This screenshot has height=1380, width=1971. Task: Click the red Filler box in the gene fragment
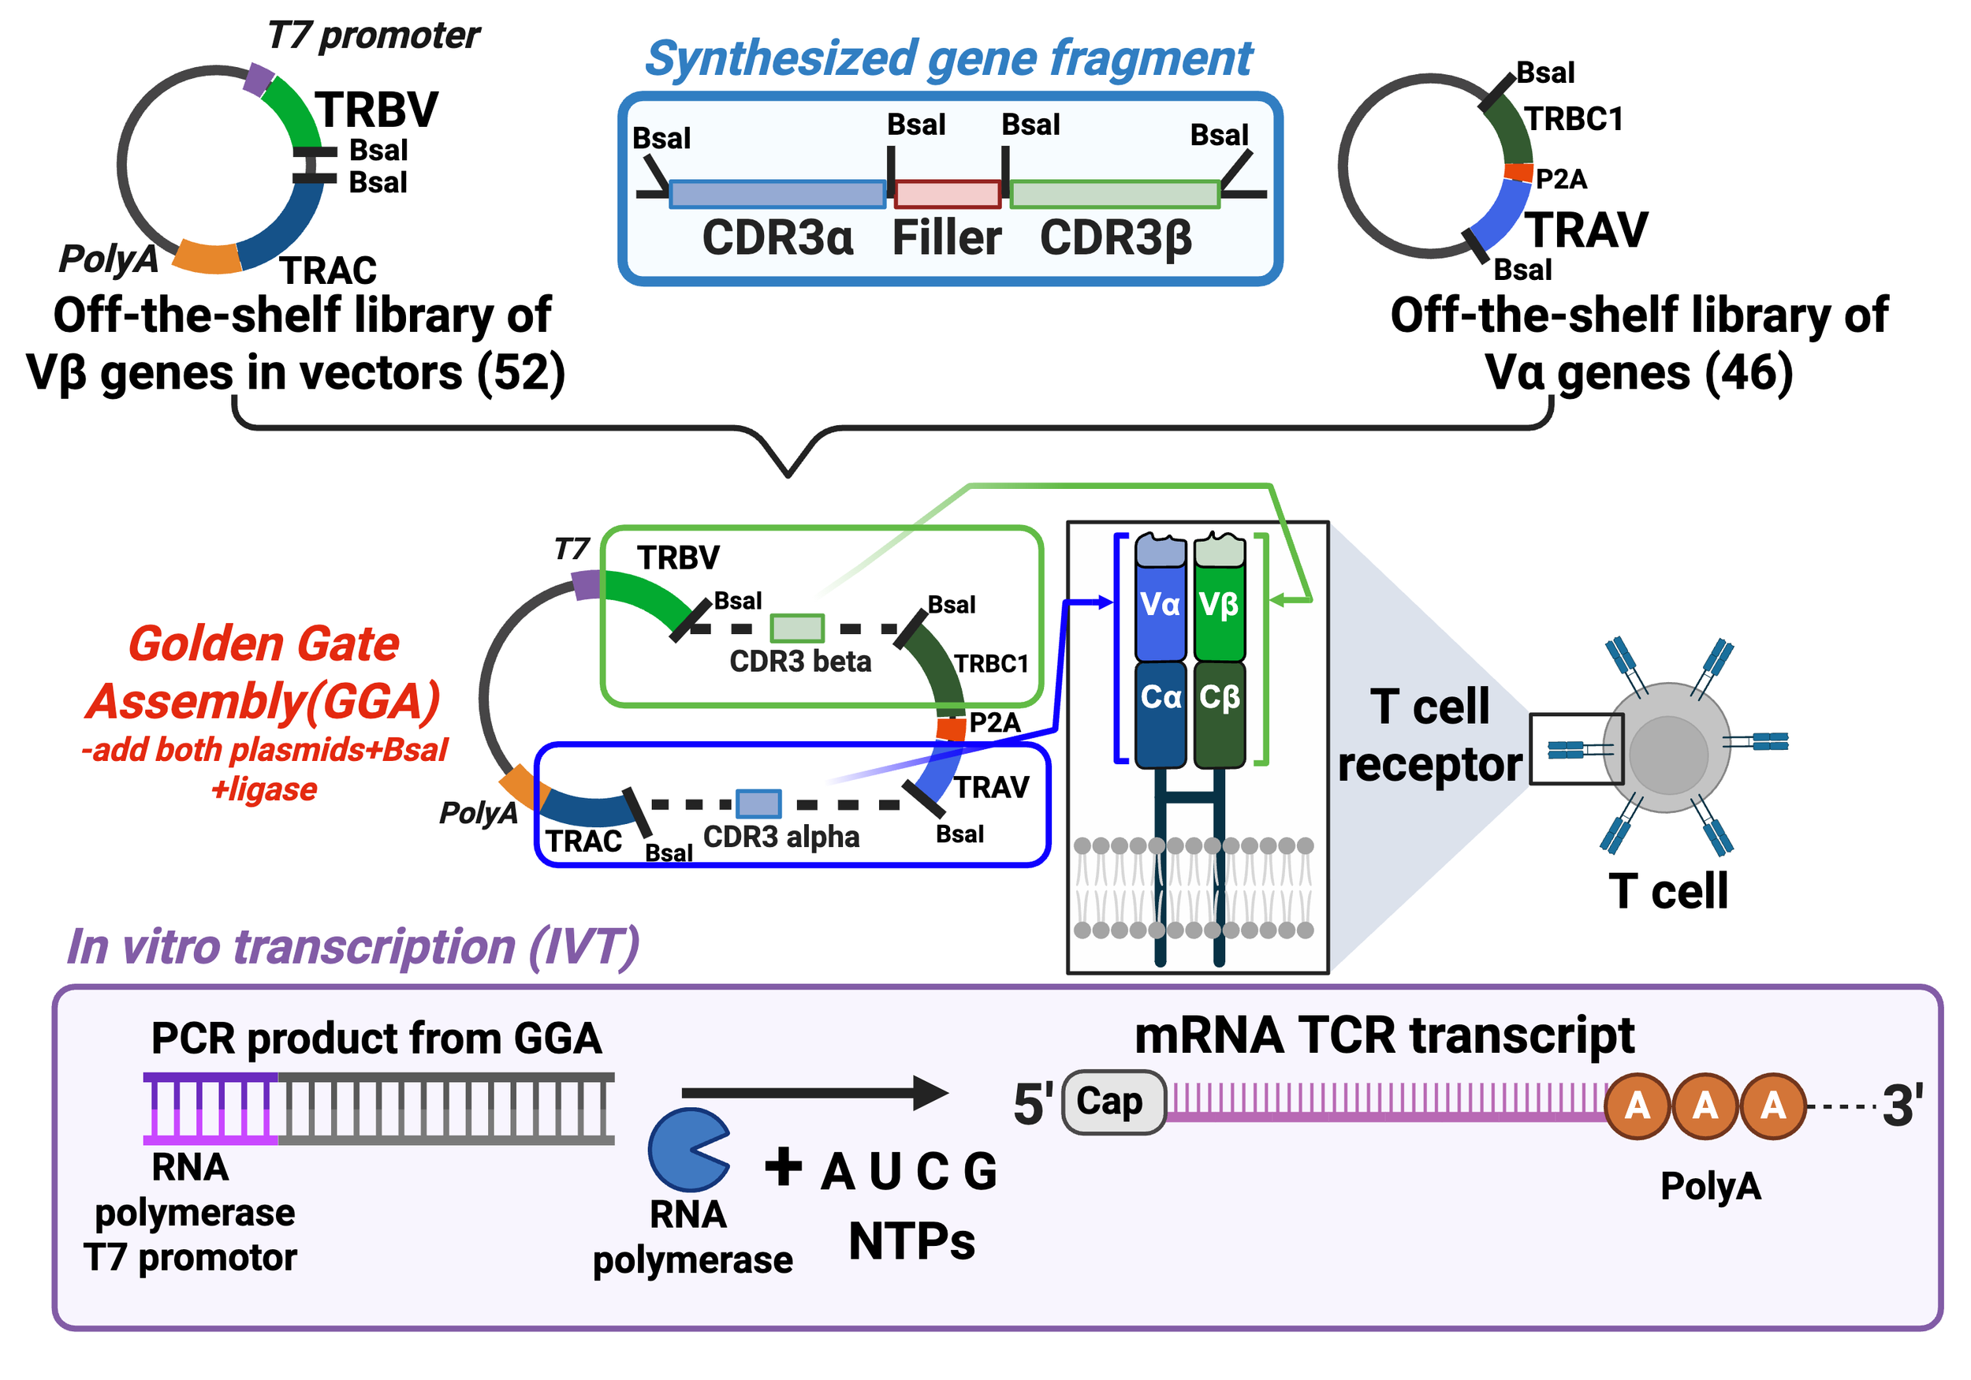pyautogui.click(x=947, y=194)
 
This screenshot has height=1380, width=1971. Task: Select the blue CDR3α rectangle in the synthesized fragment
pyautogui.click(x=777, y=194)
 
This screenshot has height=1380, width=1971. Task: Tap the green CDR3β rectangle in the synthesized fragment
pyautogui.click(x=1114, y=194)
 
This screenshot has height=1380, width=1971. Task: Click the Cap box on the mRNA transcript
pyautogui.click(x=1112, y=1102)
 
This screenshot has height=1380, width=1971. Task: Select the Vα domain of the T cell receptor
pyautogui.click(x=1160, y=606)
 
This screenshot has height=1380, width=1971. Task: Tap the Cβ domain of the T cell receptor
pyautogui.click(x=1219, y=697)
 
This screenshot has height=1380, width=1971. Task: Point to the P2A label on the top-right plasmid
pyautogui.click(x=1561, y=180)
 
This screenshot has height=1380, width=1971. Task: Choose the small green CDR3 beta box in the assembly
pyautogui.click(x=796, y=628)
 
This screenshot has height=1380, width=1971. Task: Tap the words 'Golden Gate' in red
pyautogui.click(x=263, y=644)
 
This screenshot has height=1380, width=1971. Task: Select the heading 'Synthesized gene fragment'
pyautogui.click(x=948, y=58)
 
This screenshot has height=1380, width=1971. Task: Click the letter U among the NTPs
pyautogui.click(x=885, y=1171)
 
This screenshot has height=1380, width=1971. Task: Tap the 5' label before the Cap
pyautogui.click(x=1032, y=1103)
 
